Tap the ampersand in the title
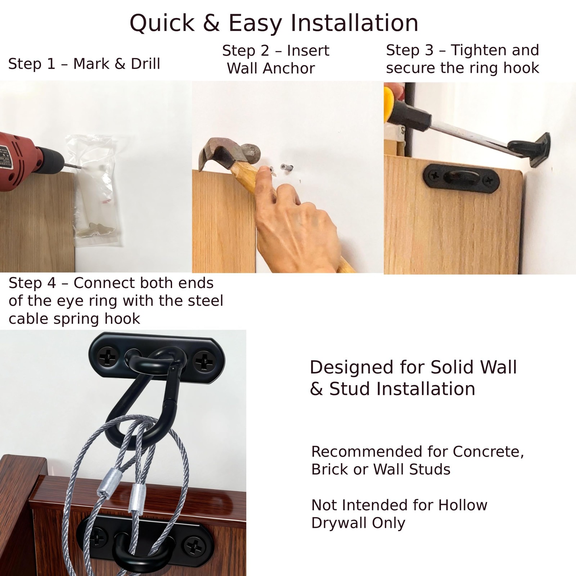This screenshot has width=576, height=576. pos(211,23)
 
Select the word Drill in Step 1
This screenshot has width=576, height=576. pos(145,64)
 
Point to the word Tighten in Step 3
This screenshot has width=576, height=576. pos(477,50)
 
